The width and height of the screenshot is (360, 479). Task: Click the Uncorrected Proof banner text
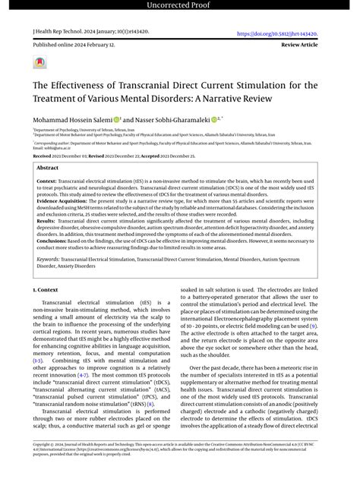179,6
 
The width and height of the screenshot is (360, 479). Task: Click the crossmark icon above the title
40,64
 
